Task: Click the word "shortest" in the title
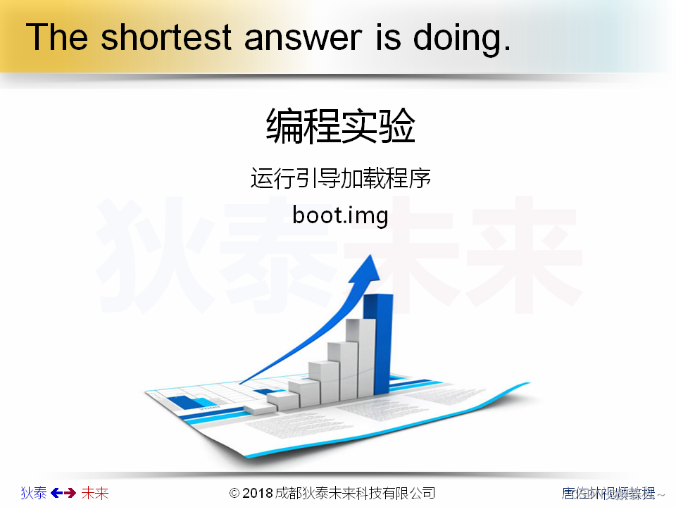(x=165, y=37)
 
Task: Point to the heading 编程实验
(x=341, y=127)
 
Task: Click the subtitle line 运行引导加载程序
(x=341, y=178)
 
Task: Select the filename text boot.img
(x=341, y=214)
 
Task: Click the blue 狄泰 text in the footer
(x=34, y=493)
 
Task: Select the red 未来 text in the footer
(x=95, y=493)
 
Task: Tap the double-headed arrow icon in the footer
(x=63, y=493)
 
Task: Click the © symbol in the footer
(x=235, y=493)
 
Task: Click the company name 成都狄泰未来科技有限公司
(x=355, y=493)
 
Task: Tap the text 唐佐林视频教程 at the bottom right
(x=608, y=493)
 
